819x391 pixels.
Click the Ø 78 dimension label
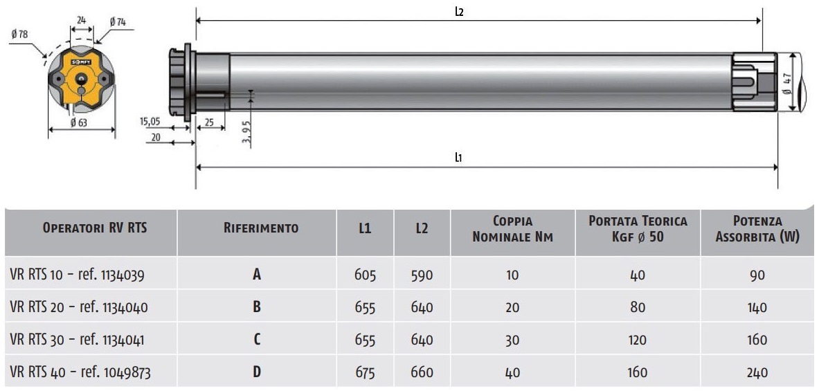click(19, 35)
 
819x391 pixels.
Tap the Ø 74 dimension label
click(118, 22)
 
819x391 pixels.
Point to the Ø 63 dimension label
click(79, 122)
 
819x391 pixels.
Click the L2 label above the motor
click(459, 12)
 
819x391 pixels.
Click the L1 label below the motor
click(458, 157)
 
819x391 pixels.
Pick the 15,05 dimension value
click(150, 122)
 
